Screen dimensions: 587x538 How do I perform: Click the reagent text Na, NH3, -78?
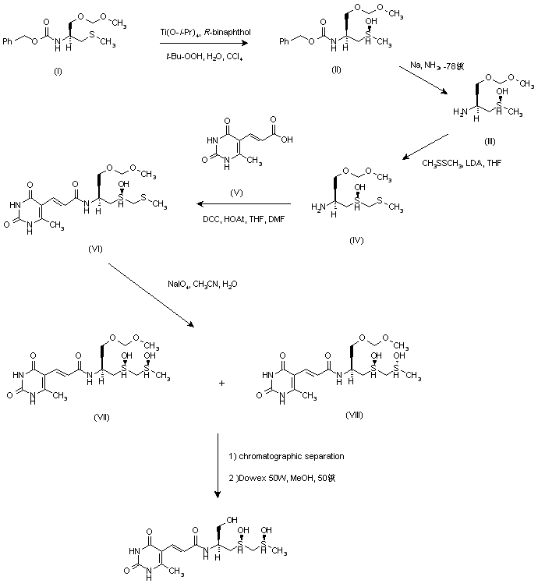pos(442,66)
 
